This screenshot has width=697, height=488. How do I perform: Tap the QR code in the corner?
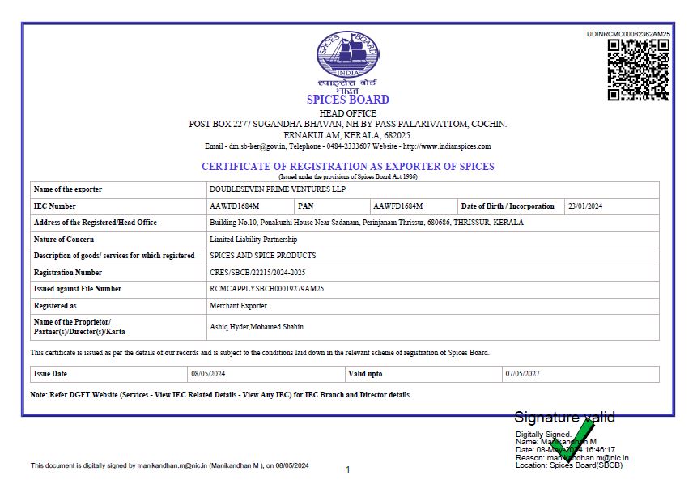(x=638, y=70)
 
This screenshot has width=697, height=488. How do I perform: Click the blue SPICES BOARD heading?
(x=348, y=100)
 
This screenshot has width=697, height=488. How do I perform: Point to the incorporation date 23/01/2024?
(x=586, y=206)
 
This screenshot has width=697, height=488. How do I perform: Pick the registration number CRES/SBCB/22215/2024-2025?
(x=257, y=273)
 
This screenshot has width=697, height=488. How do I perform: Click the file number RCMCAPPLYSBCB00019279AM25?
(x=266, y=289)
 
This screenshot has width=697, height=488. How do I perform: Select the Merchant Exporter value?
(x=238, y=306)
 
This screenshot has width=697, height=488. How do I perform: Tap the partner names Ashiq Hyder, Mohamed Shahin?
(x=257, y=327)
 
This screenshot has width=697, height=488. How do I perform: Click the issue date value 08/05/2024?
(x=207, y=374)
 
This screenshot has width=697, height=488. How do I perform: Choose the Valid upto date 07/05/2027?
(x=522, y=374)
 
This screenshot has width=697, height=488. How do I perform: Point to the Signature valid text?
(x=564, y=418)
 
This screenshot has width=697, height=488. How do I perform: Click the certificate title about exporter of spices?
(x=347, y=167)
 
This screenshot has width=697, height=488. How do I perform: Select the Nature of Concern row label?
(x=64, y=240)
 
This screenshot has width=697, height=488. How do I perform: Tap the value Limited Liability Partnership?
(x=253, y=240)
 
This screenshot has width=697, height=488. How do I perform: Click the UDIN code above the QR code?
(x=628, y=34)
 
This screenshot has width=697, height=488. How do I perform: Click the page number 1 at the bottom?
(x=347, y=469)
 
